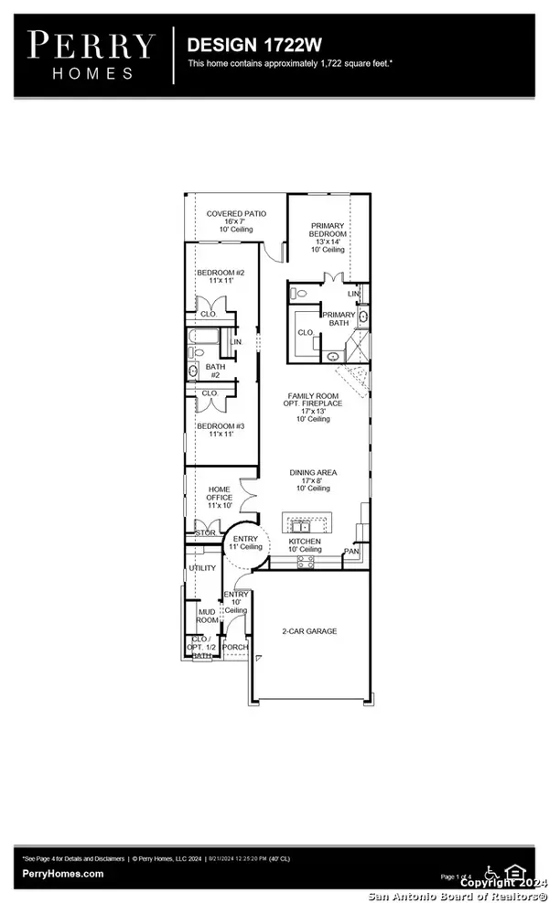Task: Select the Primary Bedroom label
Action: tap(327, 237)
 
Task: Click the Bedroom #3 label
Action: tap(221, 431)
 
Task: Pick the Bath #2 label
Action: tap(215, 371)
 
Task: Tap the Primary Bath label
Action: tap(338, 318)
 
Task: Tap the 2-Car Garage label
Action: tap(309, 631)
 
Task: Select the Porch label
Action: tap(235, 647)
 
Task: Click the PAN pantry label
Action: tap(351, 552)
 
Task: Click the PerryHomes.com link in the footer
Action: tap(64, 874)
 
